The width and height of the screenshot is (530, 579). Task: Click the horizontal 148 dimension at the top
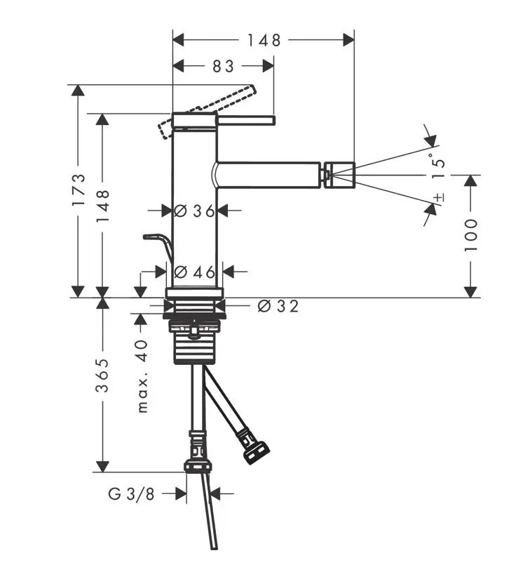[264, 40]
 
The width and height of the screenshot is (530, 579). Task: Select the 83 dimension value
[223, 67]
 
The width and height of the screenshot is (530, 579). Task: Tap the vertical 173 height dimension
[79, 189]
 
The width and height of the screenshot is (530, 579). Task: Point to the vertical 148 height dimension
[103, 206]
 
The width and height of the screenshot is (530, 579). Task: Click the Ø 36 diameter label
[194, 211]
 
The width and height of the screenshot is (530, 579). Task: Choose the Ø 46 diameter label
[194, 272]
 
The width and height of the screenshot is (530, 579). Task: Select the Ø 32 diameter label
[278, 306]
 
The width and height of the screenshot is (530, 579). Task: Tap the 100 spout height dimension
[470, 235]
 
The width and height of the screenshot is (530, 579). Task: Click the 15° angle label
[439, 168]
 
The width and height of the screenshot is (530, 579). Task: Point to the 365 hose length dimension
[102, 375]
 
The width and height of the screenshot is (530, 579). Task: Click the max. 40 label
[142, 376]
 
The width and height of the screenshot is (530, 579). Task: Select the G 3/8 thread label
[131, 493]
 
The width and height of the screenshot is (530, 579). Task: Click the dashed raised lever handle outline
[207, 111]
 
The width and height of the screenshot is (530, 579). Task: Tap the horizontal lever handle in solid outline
[245, 121]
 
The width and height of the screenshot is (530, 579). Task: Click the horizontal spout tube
[266, 175]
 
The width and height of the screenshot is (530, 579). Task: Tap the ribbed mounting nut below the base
[195, 342]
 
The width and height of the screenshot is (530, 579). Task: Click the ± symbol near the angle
[439, 197]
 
